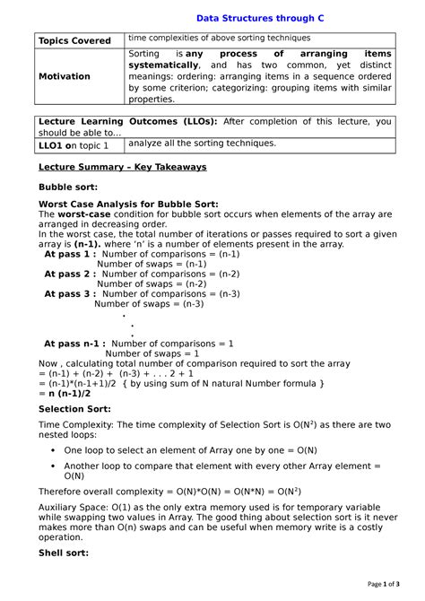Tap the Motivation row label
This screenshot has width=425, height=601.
pyautogui.click(x=64, y=76)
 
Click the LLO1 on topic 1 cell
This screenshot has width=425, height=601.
pyautogui.click(x=73, y=144)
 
